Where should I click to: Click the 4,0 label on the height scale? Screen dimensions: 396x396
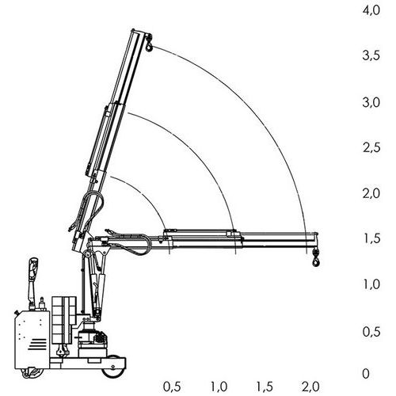(371, 10)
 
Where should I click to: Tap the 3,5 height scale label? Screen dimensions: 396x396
(371, 55)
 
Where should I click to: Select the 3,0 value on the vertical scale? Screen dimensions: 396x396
(371, 102)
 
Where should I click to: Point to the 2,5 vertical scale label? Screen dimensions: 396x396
(371, 147)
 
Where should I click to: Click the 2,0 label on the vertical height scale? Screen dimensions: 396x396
(371, 193)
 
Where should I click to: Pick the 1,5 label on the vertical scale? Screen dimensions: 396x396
(371, 238)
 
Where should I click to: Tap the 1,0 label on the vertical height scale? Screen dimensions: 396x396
(371, 284)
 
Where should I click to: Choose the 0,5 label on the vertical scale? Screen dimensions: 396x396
(371, 332)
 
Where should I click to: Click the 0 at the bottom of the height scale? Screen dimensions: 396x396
(366, 374)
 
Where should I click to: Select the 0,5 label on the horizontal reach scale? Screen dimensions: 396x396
(172, 387)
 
